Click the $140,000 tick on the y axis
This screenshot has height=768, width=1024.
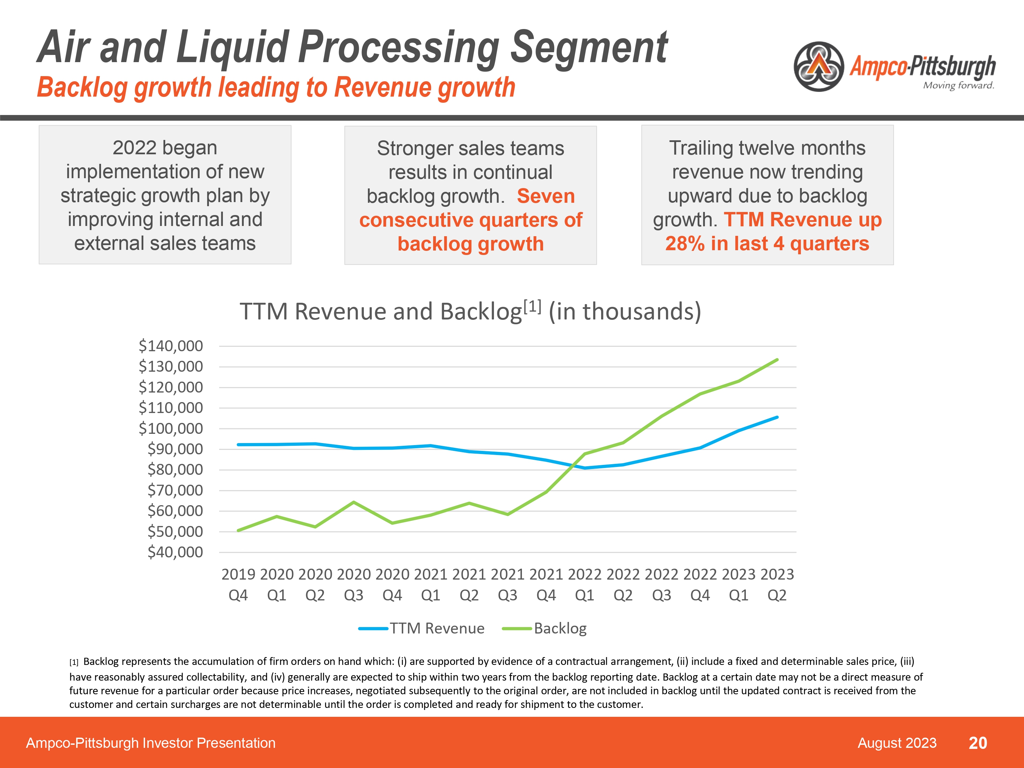(x=170, y=346)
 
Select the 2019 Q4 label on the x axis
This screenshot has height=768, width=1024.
(x=238, y=584)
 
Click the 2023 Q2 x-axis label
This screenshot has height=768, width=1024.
(x=777, y=584)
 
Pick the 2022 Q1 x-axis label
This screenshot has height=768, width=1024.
(x=584, y=584)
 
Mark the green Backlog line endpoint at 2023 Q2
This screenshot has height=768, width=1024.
(x=777, y=360)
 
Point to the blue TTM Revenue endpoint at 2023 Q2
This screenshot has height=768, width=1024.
(x=777, y=417)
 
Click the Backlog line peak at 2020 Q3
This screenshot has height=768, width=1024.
(x=354, y=502)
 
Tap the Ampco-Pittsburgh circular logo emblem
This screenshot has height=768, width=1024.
(x=819, y=67)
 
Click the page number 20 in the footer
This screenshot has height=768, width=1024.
(x=978, y=743)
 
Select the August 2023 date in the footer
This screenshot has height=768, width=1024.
(x=897, y=743)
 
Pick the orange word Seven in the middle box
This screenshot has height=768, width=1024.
(x=545, y=196)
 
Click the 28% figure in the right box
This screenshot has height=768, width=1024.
(x=685, y=243)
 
